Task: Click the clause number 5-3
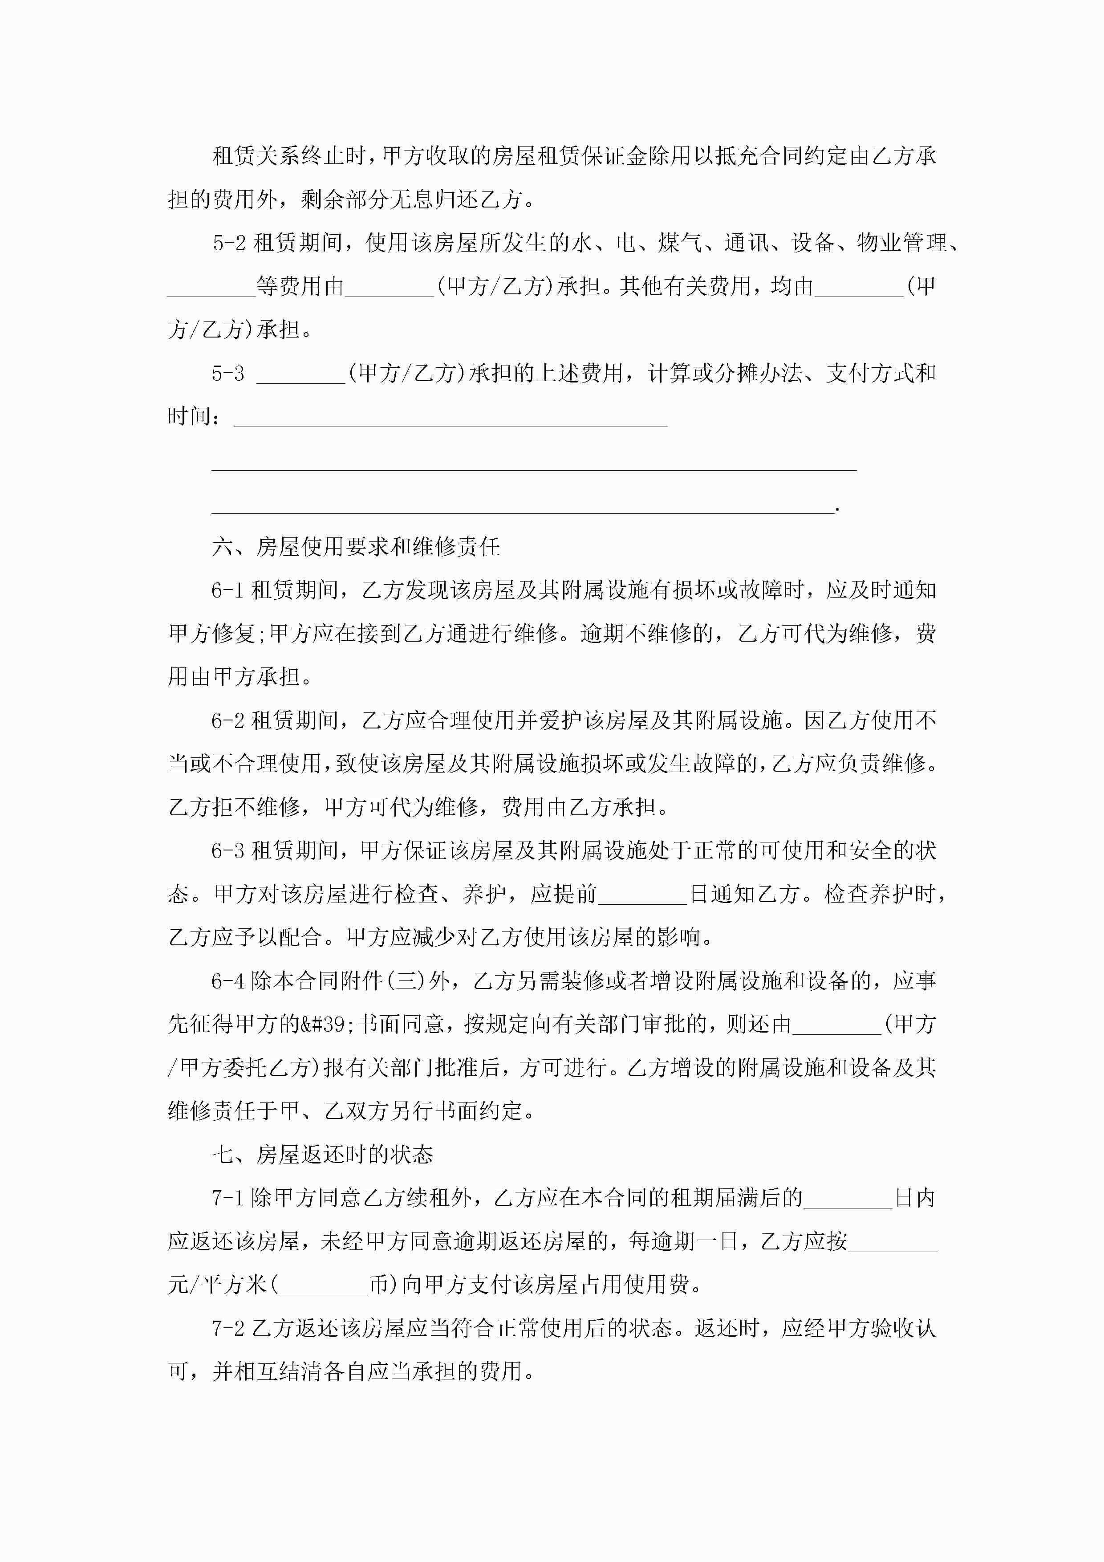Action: coord(228,373)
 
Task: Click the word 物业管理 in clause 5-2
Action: coord(902,243)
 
